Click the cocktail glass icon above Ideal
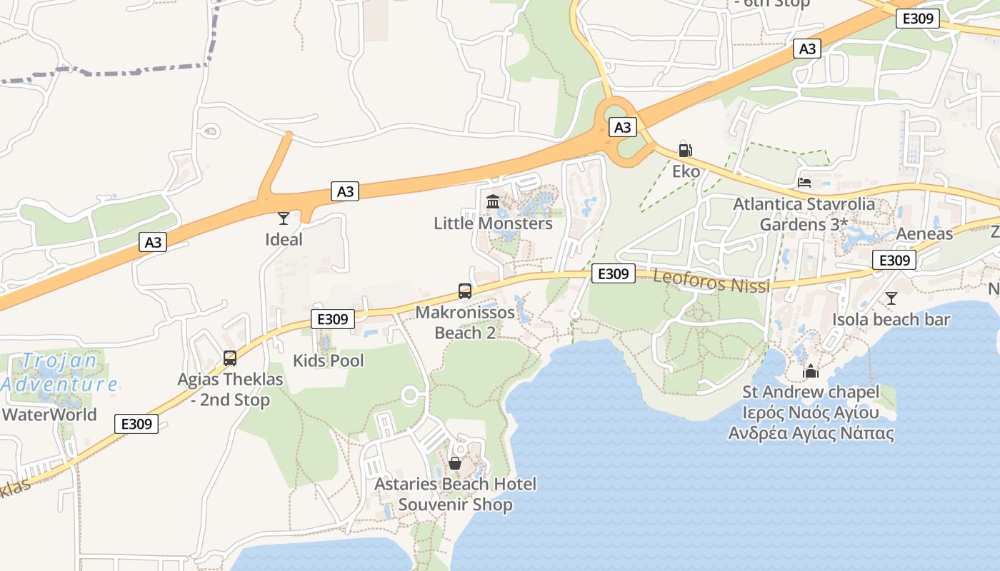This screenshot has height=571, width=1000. [x=284, y=218]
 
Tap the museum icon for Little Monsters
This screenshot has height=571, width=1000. [x=493, y=202]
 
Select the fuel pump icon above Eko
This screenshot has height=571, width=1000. [x=685, y=150]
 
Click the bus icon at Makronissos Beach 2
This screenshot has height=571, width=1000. [x=465, y=291]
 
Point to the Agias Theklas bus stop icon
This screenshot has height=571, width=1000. [x=230, y=358]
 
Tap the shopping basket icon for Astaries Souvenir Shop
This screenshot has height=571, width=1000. [x=455, y=463]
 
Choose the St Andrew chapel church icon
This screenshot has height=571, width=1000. [x=810, y=371]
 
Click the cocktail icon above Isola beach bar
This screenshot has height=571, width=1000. [x=891, y=298]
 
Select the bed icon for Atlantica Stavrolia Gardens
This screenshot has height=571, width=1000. [x=804, y=183]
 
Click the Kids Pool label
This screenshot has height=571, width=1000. [x=329, y=360]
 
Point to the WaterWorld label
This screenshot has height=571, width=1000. [x=49, y=415]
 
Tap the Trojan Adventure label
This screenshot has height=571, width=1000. [x=59, y=372]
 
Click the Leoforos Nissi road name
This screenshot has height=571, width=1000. [x=711, y=281]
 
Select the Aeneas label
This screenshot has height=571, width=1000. [x=924, y=234]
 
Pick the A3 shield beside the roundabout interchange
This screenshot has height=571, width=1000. [x=623, y=127]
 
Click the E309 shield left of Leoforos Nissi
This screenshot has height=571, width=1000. [x=613, y=273]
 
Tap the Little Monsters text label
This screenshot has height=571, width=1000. [x=493, y=223]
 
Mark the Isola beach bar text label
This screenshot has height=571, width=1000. [x=891, y=319]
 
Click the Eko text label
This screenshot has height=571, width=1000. [x=685, y=171]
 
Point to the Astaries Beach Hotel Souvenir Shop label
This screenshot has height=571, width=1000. [x=456, y=495]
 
